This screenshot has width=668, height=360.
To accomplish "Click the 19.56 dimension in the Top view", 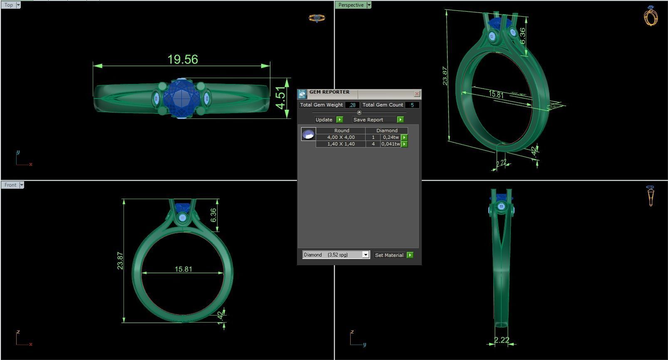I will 183,59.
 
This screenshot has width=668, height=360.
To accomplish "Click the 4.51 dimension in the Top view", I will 282,98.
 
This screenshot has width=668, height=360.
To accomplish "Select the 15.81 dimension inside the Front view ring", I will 183,269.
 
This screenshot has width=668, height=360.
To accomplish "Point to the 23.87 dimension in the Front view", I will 120,261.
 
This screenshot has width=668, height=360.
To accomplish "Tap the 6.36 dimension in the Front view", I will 213,215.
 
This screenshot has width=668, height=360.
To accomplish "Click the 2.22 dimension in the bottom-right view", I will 501,340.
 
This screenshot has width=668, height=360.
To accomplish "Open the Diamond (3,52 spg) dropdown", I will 336,255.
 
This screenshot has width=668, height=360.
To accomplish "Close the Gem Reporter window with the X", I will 417,94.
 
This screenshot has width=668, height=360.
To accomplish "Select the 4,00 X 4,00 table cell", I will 341,137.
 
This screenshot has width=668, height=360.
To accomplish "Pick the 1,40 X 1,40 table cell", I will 341,144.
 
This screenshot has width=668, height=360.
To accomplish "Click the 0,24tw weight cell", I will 391,137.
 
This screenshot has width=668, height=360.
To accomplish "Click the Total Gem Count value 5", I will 412,105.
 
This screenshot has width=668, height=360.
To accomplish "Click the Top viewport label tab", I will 9,5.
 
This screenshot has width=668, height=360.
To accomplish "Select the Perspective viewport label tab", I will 351,5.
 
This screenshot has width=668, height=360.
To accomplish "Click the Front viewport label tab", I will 10,185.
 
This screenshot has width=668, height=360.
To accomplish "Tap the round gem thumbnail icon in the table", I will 308,134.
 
